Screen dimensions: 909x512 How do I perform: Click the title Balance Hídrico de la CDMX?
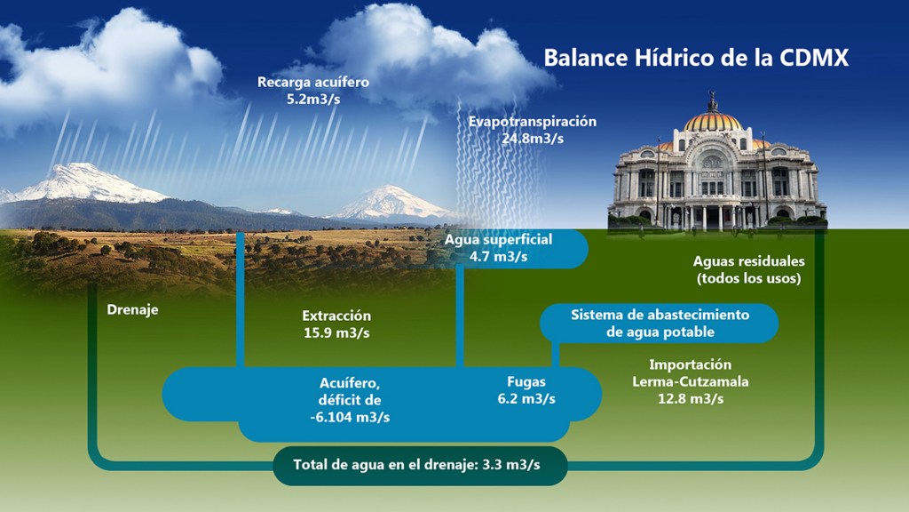[x=696, y=58]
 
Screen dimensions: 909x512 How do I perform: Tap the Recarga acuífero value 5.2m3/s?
[x=313, y=100]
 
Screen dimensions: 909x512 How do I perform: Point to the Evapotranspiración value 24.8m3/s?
[x=533, y=139]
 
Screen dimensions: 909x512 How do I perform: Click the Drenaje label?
[x=133, y=309]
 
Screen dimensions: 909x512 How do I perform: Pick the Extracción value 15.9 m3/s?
[x=336, y=333]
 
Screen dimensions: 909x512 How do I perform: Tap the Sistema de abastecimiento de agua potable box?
[x=660, y=324]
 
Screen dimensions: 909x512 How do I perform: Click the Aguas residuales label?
[x=749, y=261]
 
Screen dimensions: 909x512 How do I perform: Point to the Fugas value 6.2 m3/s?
[x=526, y=399]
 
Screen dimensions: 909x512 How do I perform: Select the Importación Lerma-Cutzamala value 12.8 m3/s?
[x=691, y=399]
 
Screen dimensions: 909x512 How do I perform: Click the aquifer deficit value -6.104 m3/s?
[x=350, y=418]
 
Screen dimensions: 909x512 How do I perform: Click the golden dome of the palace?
[x=713, y=121]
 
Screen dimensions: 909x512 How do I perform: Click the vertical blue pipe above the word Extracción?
[x=241, y=299]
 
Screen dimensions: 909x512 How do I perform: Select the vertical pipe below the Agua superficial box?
[x=460, y=316]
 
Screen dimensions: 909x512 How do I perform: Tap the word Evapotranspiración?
[x=533, y=122]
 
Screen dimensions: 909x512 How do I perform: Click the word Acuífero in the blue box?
[x=350, y=384]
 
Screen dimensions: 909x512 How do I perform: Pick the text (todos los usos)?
[x=749, y=278]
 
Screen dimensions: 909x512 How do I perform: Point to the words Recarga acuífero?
[x=313, y=83]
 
